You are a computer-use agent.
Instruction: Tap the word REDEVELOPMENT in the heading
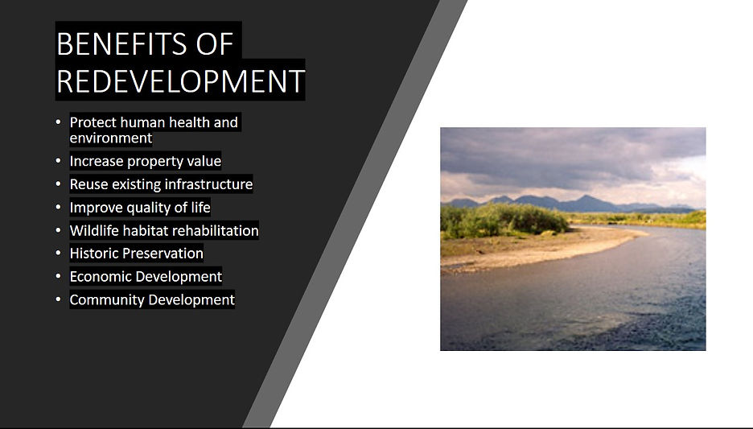[x=180, y=80]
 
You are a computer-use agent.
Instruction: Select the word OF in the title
[x=215, y=43]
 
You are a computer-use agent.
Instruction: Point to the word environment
[x=111, y=138]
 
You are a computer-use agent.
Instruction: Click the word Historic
[x=94, y=254]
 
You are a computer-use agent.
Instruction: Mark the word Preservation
[x=163, y=254]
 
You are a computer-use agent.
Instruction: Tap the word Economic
[x=100, y=277]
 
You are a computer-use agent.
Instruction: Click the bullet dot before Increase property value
[x=58, y=161]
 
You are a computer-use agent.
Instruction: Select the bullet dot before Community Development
[x=58, y=299]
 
